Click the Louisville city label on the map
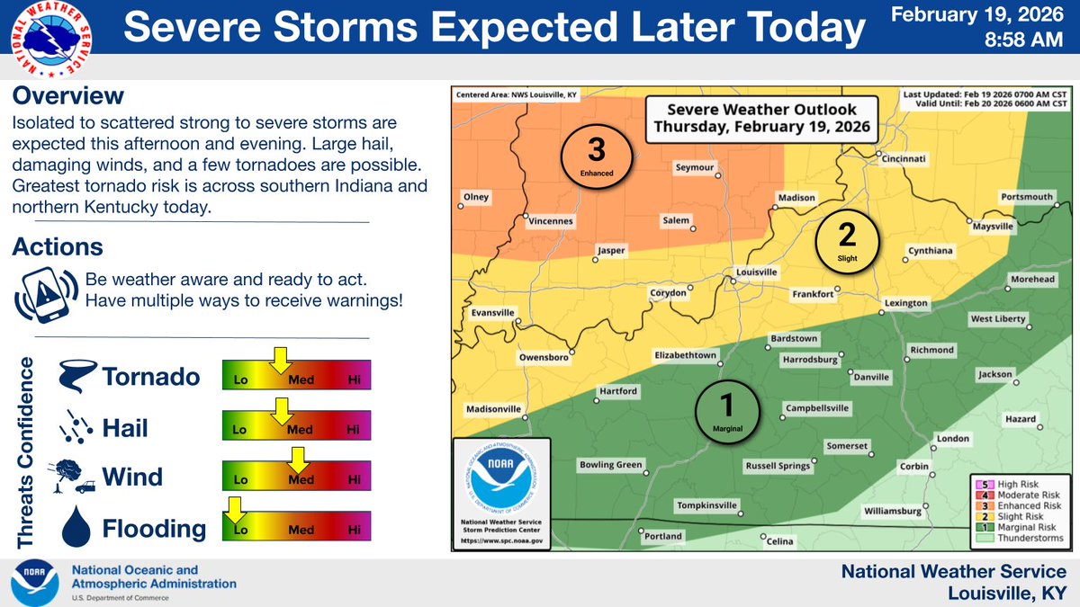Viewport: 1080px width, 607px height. pos(756,271)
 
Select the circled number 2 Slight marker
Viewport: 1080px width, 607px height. pos(847,239)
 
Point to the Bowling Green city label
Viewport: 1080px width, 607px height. pos(609,465)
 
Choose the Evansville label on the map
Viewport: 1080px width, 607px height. pos(493,313)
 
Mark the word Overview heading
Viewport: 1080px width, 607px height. pos(68,95)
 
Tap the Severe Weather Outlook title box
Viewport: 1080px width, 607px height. pos(761,118)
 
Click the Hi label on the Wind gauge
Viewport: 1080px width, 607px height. pos(354,480)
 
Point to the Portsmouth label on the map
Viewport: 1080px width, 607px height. pos(1026,197)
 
